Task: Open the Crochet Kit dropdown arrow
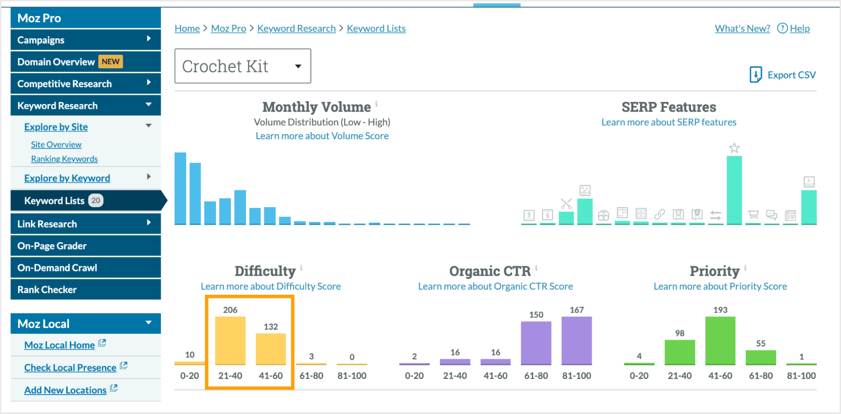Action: pos(298,66)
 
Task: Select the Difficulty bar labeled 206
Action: pos(230,340)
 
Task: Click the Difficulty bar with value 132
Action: pos(271,349)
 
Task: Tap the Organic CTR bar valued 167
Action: pos(576,340)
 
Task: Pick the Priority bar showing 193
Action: pos(720,340)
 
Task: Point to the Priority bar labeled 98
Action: pos(679,352)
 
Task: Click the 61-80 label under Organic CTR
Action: pos(536,376)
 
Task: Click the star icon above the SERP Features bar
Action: pos(734,148)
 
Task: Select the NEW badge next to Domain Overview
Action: pos(111,61)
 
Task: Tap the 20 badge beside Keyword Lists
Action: pos(96,200)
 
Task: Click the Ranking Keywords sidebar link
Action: pos(64,159)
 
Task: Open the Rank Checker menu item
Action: pos(47,290)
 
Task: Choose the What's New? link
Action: pos(742,29)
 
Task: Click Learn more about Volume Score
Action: pos(322,136)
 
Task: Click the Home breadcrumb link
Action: pos(187,29)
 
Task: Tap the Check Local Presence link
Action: pos(70,368)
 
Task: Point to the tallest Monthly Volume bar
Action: pos(180,188)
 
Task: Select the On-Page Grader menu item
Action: pos(52,246)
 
